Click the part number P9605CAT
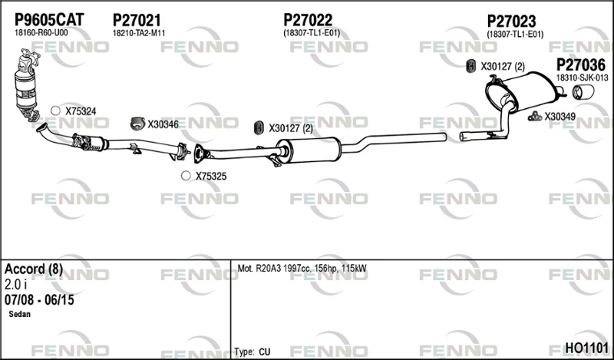(x=49, y=20)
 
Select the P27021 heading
(x=137, y=20)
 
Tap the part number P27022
(x=308, y=20)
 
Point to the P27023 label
(x=511, y=21)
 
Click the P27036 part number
(x=581, y=65)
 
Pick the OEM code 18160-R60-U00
(x=41, y=33)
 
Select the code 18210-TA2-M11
(x=139, y=33)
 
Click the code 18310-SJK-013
(x=583, y=78)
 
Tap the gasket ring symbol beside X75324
(x=55, y=111)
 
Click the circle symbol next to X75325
(x=186, y=176)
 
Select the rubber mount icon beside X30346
(x=137, y=124)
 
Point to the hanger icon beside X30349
(x=534, y=117)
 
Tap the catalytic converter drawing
(x=27, y=85)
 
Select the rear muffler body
(x=522, y=91)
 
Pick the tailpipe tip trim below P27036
(x=583, y=92)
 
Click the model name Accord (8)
(x=34, y=269)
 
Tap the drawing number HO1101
(x=586, y=348)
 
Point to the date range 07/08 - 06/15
(x=39, y=300)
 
